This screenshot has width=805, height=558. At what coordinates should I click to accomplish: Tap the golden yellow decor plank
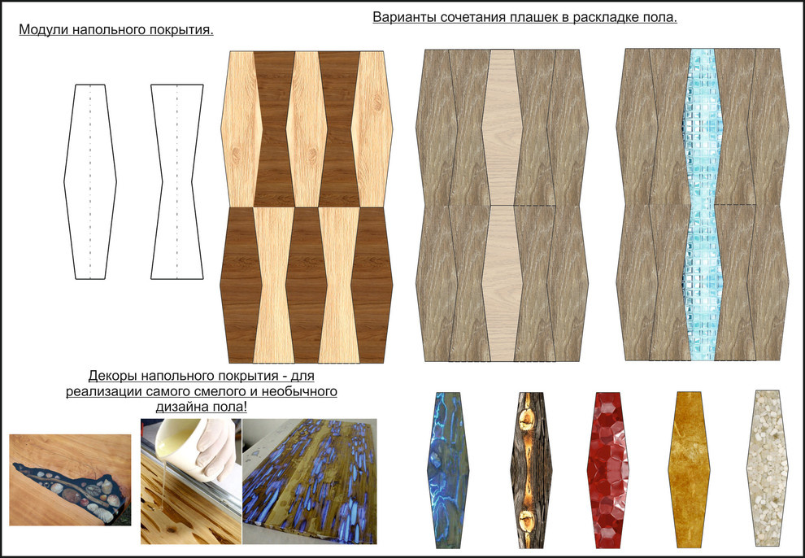click(689, 469)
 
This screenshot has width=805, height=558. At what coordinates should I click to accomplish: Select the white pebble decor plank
click(767, 468)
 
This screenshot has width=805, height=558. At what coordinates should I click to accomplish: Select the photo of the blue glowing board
click(310, 481)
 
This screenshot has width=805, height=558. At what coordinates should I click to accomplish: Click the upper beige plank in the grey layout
click(502, 128)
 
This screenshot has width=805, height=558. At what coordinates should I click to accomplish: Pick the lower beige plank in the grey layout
click(502, 283)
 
